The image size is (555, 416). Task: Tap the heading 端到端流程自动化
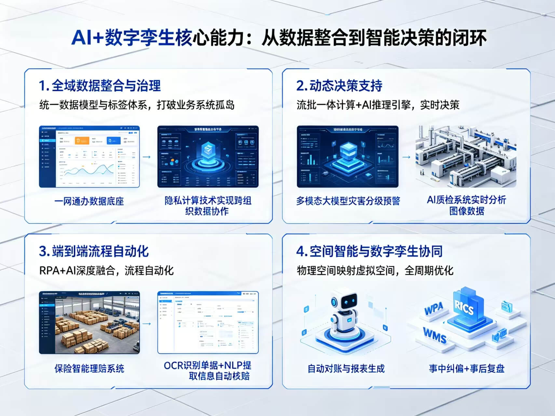(x=94, y=251)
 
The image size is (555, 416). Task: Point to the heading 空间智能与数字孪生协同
(x=369, y=251)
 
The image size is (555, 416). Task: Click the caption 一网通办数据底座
(x=89, y=201)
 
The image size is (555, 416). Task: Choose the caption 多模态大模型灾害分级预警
(x=348, y=201)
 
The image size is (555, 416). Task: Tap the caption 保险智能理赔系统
(x=89, y=369)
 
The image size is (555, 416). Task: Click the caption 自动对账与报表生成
(x=346, y=369)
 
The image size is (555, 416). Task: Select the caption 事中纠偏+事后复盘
(x=467, y=369)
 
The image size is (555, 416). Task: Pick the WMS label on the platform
(x=435, y=335)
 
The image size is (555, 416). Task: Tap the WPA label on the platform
(x=434, y=308)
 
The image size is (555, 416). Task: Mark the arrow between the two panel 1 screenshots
(x=147, y=157)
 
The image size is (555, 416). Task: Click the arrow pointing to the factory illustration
(x=406, y=157)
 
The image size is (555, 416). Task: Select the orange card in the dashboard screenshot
(x=82, y=141)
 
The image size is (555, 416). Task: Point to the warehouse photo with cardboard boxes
(x=97, y=325)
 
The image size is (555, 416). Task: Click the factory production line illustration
(x=466, y=157)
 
